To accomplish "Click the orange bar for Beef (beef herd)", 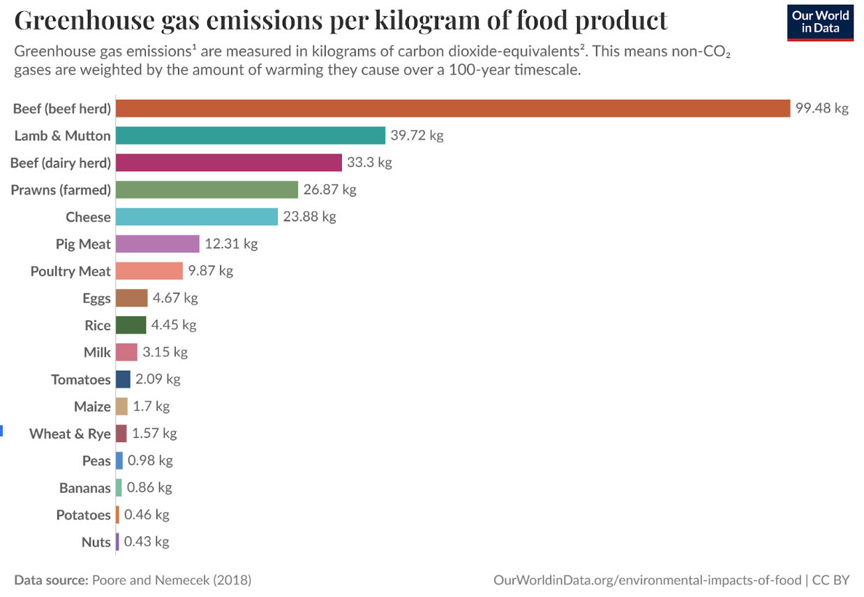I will (x=452, y=108).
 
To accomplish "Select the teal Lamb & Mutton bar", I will (x=250, y=135).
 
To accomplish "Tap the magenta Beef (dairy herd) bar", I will (x=228, y=163).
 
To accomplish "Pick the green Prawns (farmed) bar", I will (x=207, y=190).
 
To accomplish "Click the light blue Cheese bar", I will (x=196, y=216).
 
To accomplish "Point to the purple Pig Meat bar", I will (x=157, y=244).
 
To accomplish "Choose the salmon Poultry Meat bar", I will (x=149, y=271).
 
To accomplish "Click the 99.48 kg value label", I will (x=821, y=108).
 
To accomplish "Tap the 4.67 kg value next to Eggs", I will (x=175, y=298).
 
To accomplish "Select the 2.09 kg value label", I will (x=157, y=379).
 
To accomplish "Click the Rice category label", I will (x=98, y=325).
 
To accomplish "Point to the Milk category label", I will (x=97, y=353).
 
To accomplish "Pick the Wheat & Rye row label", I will (x=70, y=434).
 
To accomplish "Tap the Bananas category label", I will (x=85, y=487).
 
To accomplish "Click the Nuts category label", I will (x=96, y=542).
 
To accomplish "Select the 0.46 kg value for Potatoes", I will (x=147, y=515).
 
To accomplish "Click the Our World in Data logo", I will (x=820, y=22).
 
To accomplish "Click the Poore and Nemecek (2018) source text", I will (x=172, y=580).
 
